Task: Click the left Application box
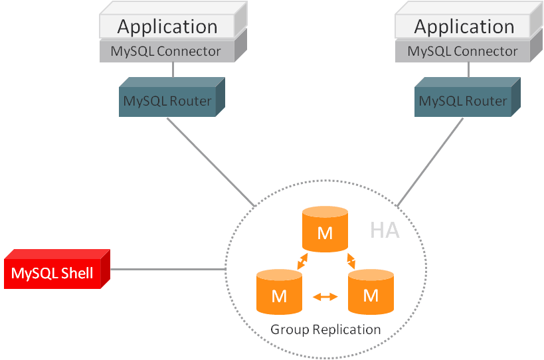click(167, 27)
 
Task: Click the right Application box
click(464, 27)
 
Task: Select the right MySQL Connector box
click(463, 51)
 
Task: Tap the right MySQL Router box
click(463, 102)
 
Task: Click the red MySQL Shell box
click(52, 273)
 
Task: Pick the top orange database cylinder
click(325, 230)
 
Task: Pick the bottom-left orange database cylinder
click(279, 292)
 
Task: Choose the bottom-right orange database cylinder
click(371, 292)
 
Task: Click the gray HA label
click(385, 230)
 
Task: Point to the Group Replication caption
click(325, 329)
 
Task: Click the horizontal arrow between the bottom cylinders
click(325, 297)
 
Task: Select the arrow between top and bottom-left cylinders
click(302, 261)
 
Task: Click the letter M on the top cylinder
click(325, 234)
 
